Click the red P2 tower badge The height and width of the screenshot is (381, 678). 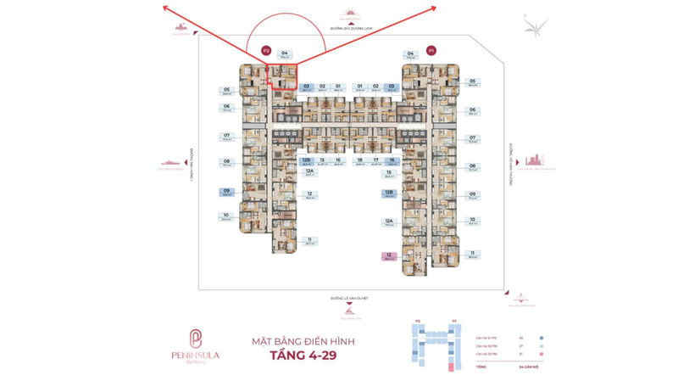(x=266, y=50)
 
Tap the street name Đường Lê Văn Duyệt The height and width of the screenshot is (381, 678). (x=348, y=299)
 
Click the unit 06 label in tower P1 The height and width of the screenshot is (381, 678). (x=472, y=110)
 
